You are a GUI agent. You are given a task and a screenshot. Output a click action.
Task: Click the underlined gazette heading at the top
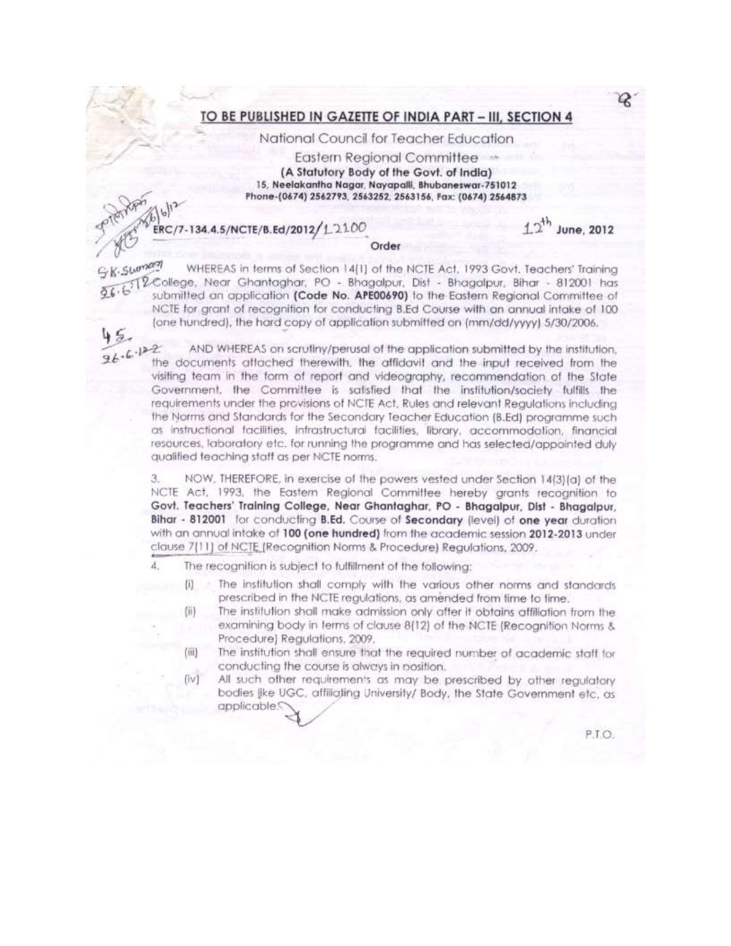[386, 116]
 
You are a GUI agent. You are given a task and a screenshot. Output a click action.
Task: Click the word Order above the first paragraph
[384, 246]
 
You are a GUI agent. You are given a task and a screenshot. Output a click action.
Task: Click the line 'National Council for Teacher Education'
[386, 139]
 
